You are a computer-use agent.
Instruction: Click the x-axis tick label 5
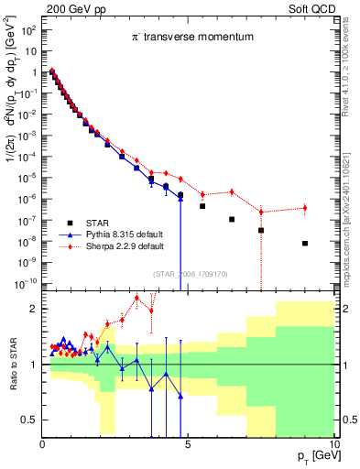coord(188,443)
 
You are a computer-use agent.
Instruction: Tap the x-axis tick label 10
coord(333,443)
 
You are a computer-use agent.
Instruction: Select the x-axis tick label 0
coord(43,443)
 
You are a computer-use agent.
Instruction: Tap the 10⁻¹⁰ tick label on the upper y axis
coord(26,283)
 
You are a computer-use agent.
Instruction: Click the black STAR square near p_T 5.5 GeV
coord(202,206)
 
